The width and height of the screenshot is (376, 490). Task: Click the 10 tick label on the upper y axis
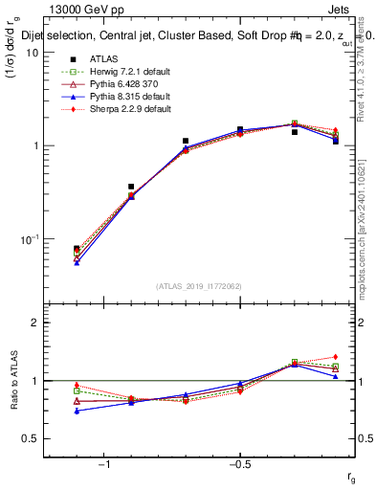(31, 53)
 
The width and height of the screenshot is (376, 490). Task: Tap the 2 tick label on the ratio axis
(34, 323)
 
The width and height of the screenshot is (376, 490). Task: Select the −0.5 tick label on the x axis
(239, 465)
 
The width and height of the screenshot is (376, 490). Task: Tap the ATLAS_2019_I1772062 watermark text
(198, 286)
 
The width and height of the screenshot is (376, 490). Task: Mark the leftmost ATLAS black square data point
(77, 249)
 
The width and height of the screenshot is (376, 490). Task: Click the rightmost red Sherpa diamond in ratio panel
(335, 357)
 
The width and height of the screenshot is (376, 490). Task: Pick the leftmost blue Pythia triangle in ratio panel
(77, 411)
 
